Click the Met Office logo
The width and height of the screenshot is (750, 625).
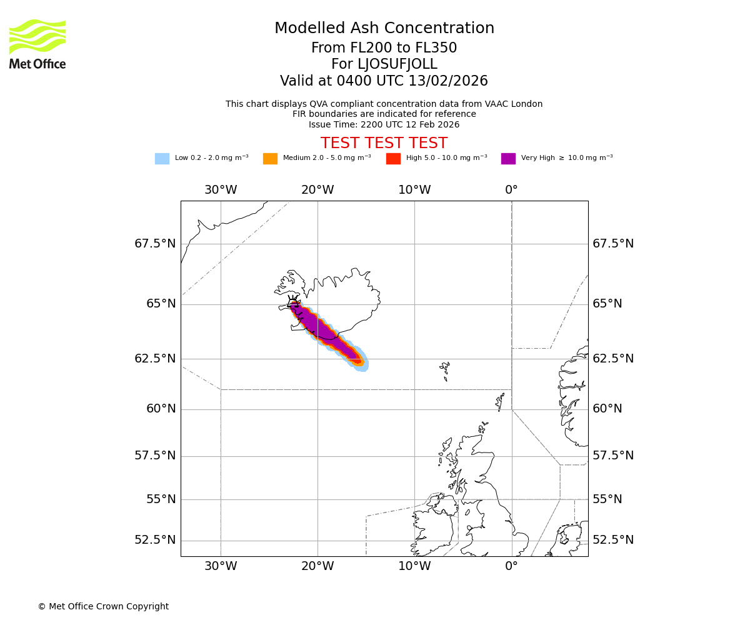pyautogui.click(x=37, y=44)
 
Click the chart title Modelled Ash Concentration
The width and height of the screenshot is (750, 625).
pyautogui.click(x=384, y=29)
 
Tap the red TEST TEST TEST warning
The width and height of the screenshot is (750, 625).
pyautogui.click(x=384, y=144)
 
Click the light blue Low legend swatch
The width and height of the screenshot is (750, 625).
pyautogui.click(x=162, y=159)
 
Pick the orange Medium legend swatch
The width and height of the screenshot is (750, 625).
pyautogui.click(x=270, y=159)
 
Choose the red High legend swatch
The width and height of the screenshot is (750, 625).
pyautogui.click(x=393, y=159)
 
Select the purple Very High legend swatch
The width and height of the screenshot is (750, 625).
pyautogui.click(x=508, y=159)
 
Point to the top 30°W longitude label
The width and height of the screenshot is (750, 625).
pyautogui.click(x=221, y=190)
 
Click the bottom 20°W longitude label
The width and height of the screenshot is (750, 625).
pyautogui.click(x=317, y=566)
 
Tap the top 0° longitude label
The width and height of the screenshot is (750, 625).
pyautogui.click(x=511, y=190)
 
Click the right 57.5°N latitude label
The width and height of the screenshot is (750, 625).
pyautogui.click(x=613, y=456)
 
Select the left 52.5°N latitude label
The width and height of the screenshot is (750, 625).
pyautogui.click(x=155, y=540)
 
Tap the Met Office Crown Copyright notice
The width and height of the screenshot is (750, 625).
pyautogui.click(x=103, y=606)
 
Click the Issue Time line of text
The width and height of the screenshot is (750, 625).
pyautogui.click(x=384, y=124)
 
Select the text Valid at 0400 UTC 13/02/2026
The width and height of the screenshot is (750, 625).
pyautogui.click(x=384, y=81)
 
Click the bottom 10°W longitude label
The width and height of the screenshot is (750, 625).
pyautogui.click(x=414, y=566)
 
